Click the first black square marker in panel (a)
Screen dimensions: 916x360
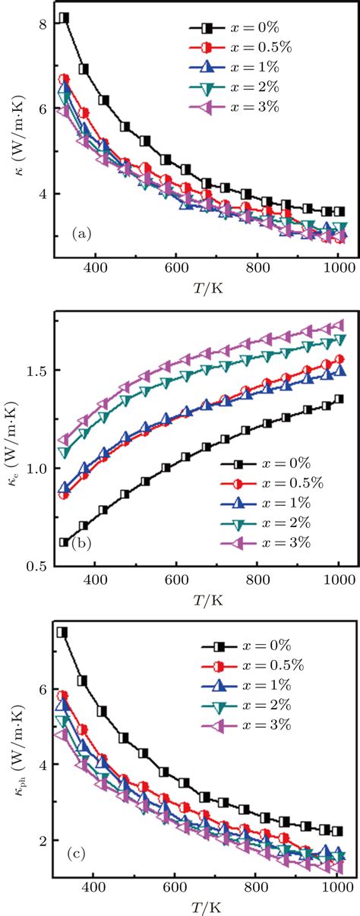coord(65,17)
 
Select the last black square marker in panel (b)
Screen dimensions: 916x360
coord(339,399)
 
